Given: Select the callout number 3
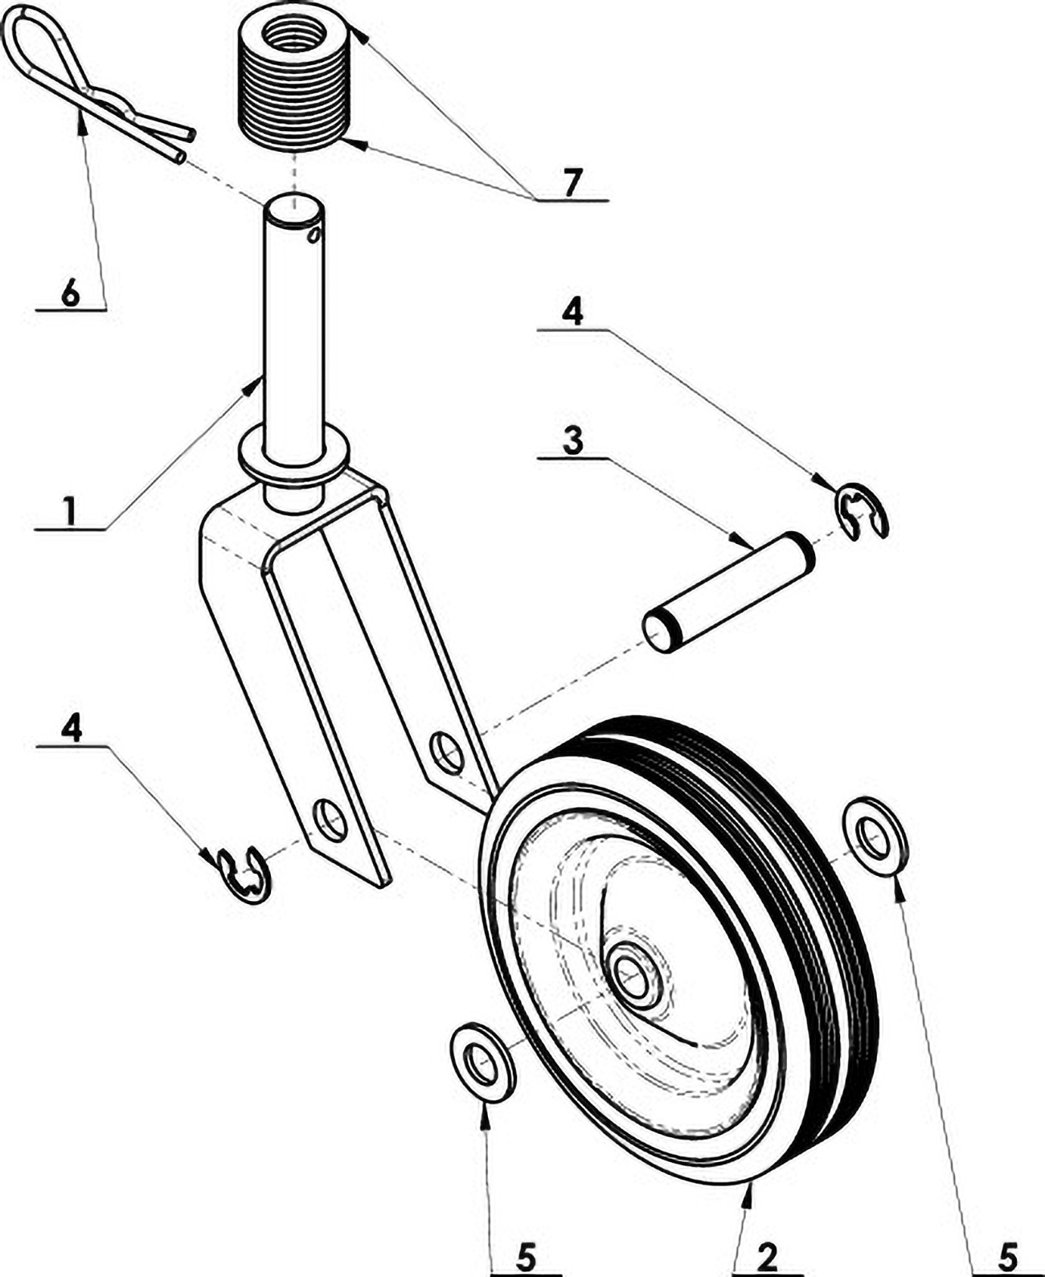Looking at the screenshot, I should [572, 441].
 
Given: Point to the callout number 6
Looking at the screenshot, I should [71, 293].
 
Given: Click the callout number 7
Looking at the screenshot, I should [571, 183].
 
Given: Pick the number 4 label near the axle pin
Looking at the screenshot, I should [572, 312].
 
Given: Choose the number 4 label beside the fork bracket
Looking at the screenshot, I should [72, 729].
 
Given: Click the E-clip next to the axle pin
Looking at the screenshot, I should [861, 512].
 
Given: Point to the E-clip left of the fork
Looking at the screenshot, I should [244, 873].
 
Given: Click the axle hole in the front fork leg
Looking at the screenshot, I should [330, 820].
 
